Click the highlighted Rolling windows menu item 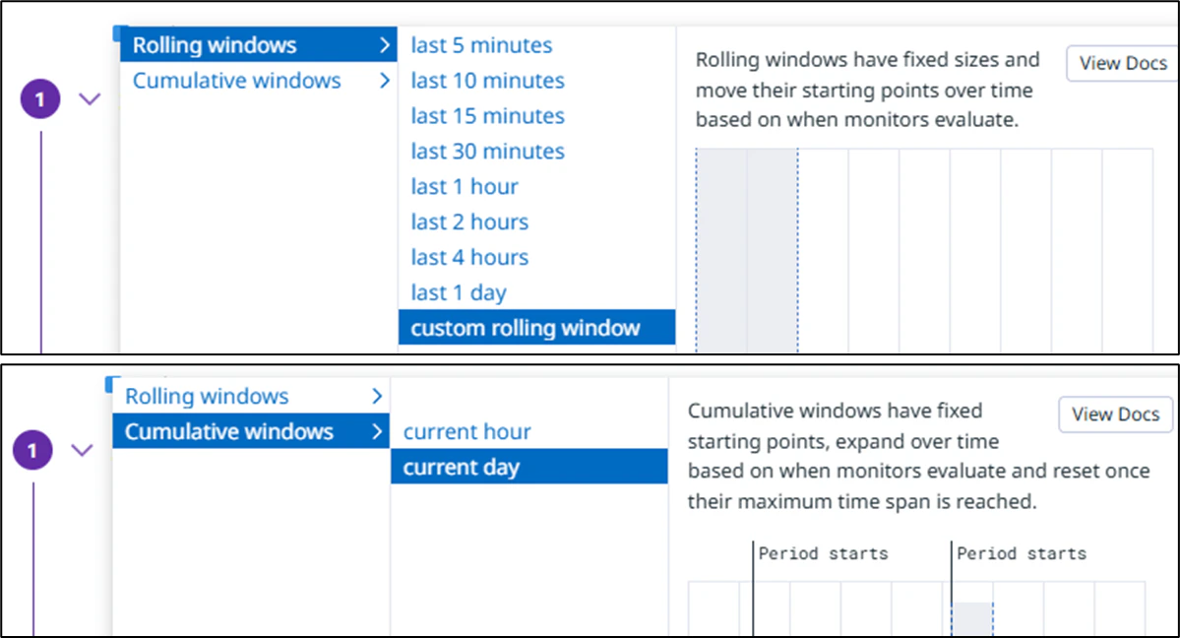(258, 45)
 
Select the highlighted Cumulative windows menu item (251, 431)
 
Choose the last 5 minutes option (481, 45)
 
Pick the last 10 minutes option (488, 81)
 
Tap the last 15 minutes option (488, 116)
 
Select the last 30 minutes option (488, 152)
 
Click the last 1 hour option (465, 187)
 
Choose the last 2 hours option (469, 223)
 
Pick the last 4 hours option (469, 258)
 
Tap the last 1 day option (459, 293)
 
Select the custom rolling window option (536, 328)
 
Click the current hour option (467, 431)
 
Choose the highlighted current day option (529, 467)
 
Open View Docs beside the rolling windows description (1122, 64)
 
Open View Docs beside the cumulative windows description (1115, 415)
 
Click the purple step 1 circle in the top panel (40, 99)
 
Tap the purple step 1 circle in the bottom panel (32, 451)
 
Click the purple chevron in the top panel (90, 99)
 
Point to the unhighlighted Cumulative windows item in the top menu (236, 81)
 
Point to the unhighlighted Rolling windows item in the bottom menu (207, 396)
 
